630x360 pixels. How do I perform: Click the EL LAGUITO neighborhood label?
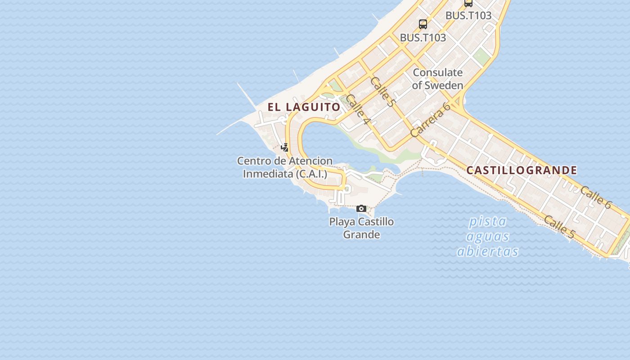pos(304,107)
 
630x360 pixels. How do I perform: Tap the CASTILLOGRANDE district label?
pos(522,170)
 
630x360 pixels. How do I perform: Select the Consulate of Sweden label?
pos(437,79)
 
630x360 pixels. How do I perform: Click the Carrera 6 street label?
pos(430,120)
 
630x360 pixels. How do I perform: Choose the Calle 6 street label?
pos(596,198)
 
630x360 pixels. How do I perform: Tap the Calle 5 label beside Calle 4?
pos(382,92)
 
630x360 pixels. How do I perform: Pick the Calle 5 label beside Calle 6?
pos(559,227)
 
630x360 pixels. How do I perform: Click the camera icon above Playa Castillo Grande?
pos(361,208)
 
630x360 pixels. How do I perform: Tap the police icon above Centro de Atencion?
pos(284,147)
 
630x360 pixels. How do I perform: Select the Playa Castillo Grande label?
pos(361,228)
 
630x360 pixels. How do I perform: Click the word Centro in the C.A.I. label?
pos(254,161)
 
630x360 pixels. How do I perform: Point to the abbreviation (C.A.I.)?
pos(311,173)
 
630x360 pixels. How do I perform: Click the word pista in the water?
pos(488,221)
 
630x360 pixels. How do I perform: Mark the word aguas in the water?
pos(488,236)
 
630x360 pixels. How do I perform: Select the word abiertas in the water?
pos(488,251)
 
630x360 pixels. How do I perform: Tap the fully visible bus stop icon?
pos(423,24)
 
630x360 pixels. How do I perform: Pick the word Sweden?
pos(444,85)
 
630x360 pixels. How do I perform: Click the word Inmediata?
pos(268,173)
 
